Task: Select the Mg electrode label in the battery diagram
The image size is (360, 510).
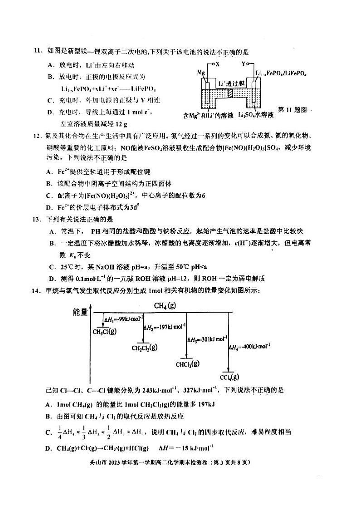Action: [201, 72]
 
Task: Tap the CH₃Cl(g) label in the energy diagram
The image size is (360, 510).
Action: [104, 331]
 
